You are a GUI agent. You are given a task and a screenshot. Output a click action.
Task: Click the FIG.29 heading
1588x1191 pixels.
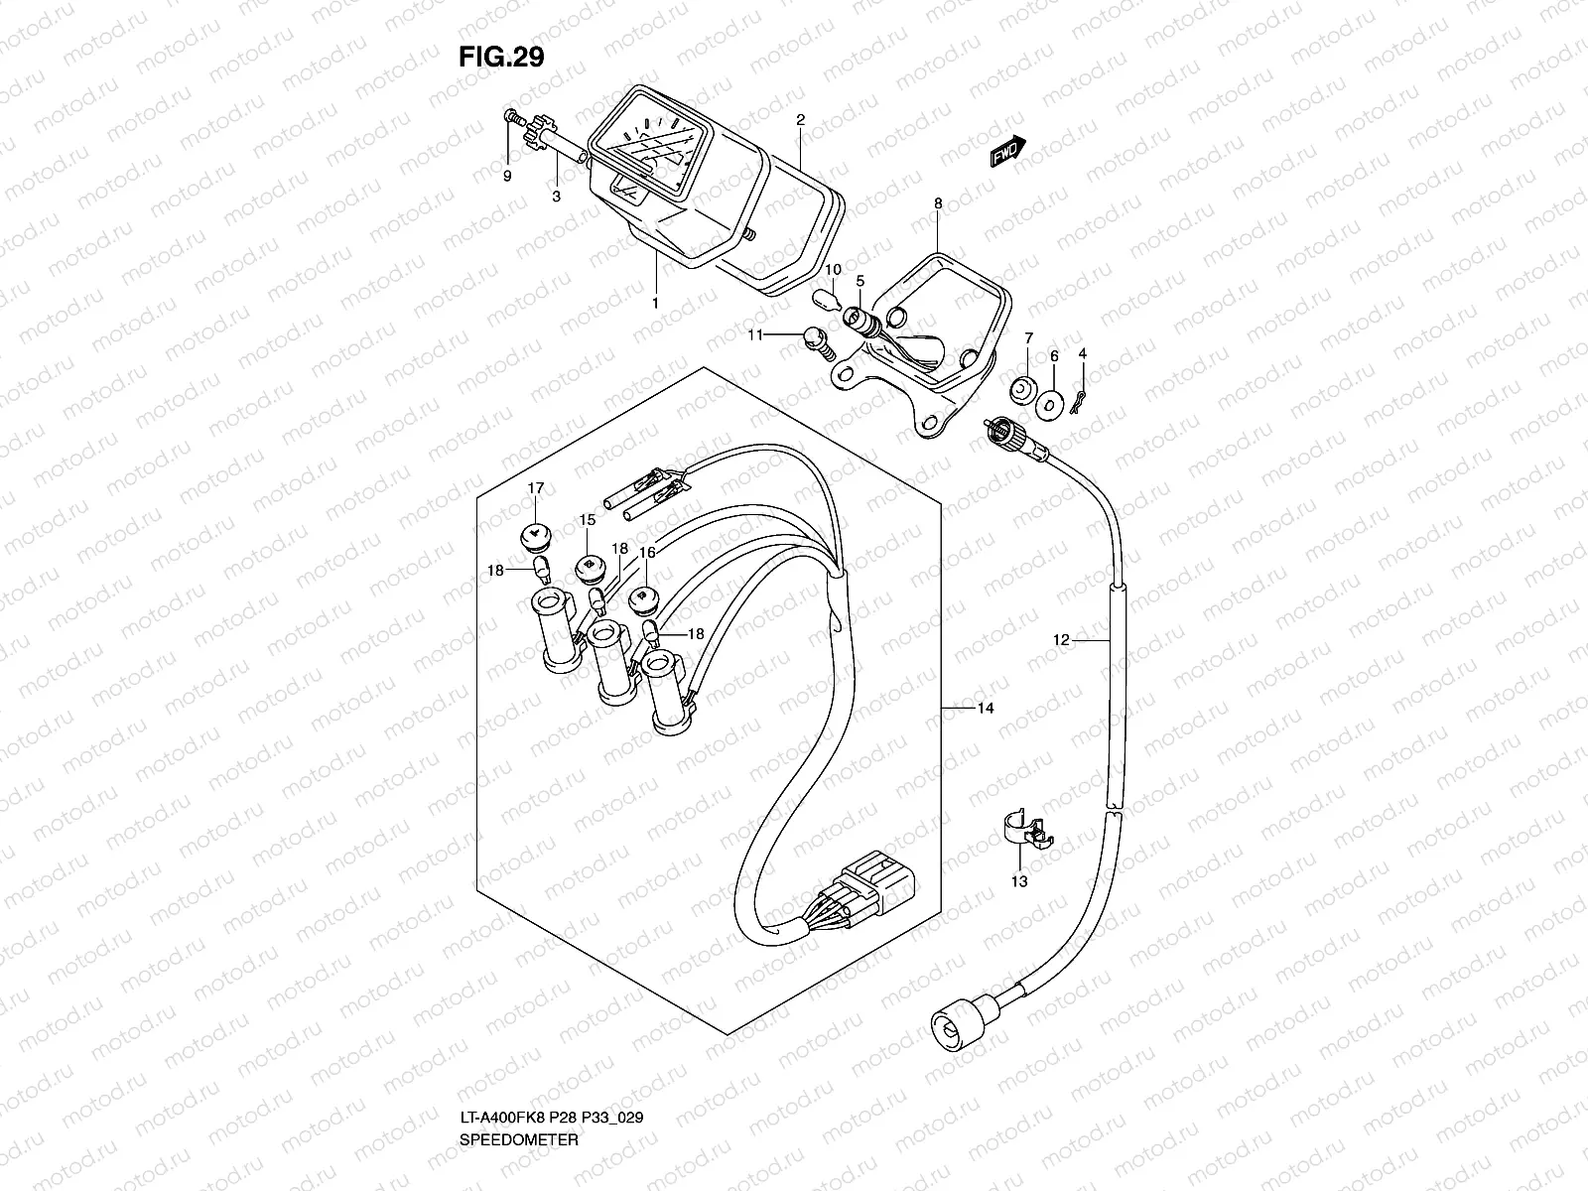point(501,58)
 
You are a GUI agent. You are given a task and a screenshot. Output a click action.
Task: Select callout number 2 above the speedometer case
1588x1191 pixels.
point(800,120)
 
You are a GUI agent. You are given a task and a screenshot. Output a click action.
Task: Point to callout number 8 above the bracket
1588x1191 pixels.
point(937,203)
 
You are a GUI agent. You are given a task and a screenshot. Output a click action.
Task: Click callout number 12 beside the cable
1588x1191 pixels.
point(1062,641)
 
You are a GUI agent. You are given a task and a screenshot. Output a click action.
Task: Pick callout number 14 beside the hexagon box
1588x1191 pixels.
point(985,709)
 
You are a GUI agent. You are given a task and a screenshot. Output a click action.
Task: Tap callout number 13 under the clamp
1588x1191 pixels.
point(1020,880)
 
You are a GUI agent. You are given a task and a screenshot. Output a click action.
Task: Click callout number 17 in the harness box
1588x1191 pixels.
point(536,488)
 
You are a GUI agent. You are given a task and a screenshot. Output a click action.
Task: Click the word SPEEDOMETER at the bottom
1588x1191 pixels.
point(519,1167)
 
